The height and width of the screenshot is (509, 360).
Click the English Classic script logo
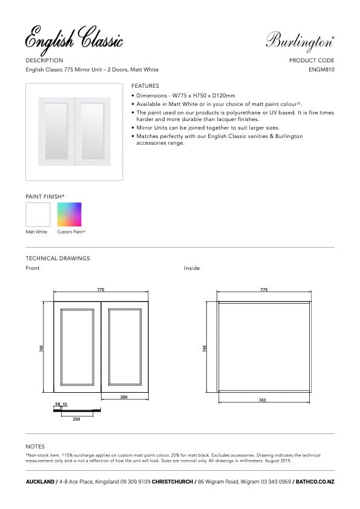coord(74,39)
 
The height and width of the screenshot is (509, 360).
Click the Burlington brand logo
coord(299,42)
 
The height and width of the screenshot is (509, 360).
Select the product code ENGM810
coord(321,70)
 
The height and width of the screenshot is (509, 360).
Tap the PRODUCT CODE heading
coord(312,61)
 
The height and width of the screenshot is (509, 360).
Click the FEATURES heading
coord(145,86)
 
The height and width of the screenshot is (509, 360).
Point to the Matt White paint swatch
coord(38,214)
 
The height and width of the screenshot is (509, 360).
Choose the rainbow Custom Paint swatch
coord(69,214)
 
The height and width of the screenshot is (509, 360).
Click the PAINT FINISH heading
coord(45,197)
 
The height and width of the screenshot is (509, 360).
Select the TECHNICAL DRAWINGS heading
coord(57,258)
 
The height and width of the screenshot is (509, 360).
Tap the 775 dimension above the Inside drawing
coord(263,290)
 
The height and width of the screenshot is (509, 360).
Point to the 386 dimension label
coord(123,397)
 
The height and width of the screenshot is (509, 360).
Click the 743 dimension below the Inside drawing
coord(262,400)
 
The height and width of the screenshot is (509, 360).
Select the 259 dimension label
coord(76,419)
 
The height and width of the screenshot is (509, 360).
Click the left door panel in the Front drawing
coord(77,347)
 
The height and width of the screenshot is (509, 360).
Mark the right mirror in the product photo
coord(92,131)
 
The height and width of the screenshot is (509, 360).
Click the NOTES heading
coord(35,446)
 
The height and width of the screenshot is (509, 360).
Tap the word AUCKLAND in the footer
coord(39,482)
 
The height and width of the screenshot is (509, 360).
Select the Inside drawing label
coord(192,268)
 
